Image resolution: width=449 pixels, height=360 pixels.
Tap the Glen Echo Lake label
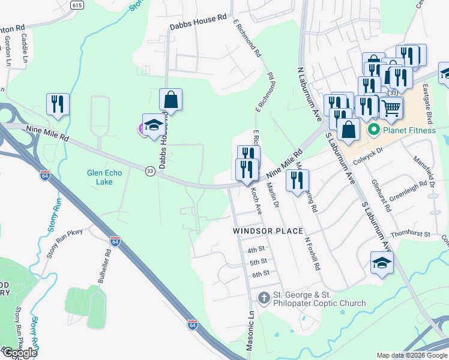pyautogui.click(x=104, y=178)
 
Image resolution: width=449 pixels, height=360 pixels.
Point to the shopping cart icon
pyautogui.click(x=391, y=108)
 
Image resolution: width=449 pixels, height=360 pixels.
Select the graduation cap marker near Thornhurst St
pyautogui.click(x=381, y=263)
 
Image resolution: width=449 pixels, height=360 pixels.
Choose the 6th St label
pyautogui.click(x=260, y=274)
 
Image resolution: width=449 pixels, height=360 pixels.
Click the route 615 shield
pyautogui.click(x=76, y=5)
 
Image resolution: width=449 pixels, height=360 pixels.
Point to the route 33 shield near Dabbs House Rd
pyautogui.click(x=150, y=171)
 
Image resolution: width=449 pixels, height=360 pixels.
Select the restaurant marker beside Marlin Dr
pyautogui.click(x=297, y=180)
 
